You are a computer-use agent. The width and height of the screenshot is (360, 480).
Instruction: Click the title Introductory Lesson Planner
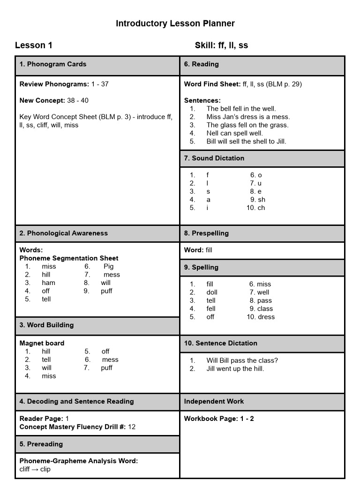pos(175,23)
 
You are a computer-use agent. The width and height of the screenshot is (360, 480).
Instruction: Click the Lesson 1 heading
pos(34,45)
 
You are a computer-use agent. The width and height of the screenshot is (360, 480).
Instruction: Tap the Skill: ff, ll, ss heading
pos(221,45)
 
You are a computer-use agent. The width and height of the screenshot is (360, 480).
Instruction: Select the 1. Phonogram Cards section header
pos(53,64)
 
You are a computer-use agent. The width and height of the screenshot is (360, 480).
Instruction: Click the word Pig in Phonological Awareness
pos(108,266)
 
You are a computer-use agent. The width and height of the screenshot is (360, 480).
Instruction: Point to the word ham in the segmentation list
pos(48,283)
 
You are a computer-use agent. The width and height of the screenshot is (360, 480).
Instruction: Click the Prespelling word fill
pos(209,250)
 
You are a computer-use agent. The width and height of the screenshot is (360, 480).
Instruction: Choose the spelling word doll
pos(212,292)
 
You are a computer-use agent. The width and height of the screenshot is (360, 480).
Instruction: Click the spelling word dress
pos(266,317)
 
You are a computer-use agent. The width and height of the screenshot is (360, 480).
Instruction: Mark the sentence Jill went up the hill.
pos(235,368)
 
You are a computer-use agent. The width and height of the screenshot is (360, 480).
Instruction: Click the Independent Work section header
pos(214,401)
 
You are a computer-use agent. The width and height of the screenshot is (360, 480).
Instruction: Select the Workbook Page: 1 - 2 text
pos(219,419)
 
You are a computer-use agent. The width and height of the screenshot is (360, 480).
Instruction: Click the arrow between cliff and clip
pos(35,469)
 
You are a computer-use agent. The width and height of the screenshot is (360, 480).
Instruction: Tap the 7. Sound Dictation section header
pos(214,158)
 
